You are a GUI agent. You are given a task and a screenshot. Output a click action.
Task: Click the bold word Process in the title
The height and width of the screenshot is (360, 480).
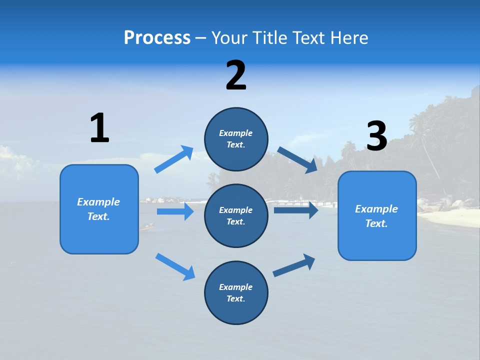tap(157, 38)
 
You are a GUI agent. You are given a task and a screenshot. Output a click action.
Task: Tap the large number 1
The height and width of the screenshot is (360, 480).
tap(99, 128)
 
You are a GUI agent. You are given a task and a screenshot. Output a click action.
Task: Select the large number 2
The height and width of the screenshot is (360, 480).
tap(236, 75)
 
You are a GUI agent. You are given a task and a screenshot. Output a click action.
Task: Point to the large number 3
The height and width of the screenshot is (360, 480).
tap(377, 136)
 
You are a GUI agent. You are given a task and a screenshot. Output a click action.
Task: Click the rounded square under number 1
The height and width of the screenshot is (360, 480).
tap(99, 209)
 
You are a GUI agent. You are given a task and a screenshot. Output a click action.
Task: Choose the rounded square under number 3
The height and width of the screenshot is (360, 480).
tap(377, 215)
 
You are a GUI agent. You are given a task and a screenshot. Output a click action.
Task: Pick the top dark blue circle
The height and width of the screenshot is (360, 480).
tap(236, 139)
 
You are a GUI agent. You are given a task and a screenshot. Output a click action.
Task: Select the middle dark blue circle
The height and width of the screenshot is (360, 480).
tap(236, 215)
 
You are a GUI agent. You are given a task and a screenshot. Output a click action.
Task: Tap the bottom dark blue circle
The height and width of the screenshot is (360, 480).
tap(236, 292)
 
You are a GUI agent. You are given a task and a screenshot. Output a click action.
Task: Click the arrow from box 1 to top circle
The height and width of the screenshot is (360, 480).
tap(174, 159)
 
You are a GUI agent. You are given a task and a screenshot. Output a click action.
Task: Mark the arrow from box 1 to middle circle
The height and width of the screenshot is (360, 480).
tap(175, 211)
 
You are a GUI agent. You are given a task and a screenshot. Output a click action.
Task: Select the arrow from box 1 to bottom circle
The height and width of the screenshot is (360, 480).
tap(175, 266)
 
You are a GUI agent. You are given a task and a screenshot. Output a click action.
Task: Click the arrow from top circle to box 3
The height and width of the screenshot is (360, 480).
tap(297, 159)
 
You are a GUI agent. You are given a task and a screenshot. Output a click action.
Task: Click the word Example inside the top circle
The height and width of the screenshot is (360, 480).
tap(236, 133)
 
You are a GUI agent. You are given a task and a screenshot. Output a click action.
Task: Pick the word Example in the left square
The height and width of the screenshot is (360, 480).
tap(98, 202)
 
